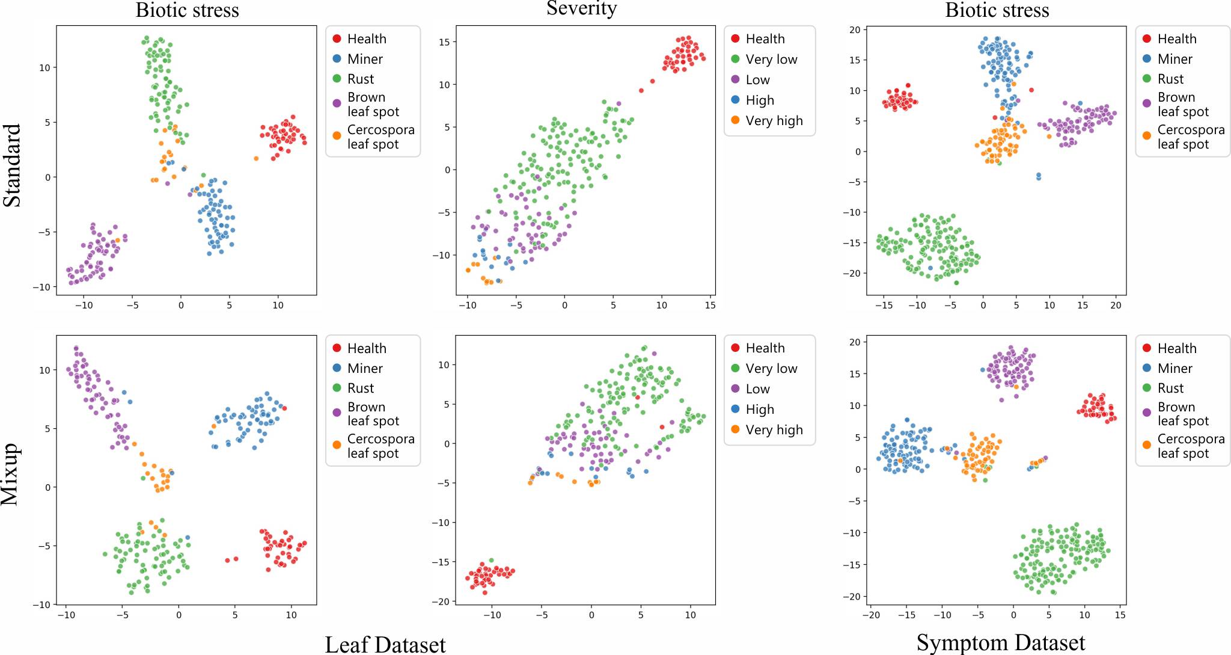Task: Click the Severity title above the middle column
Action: point(581,8)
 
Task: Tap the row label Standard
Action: point(13,165)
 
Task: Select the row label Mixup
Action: point(10,475)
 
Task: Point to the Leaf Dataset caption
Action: point(385,644)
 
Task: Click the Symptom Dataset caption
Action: point(1000,642)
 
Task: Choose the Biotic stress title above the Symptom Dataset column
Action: point(997,10)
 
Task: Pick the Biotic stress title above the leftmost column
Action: point(187,10)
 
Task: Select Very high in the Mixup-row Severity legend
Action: point(774,429)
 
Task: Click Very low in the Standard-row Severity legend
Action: point(771,59)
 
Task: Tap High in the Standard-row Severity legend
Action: point(760,100)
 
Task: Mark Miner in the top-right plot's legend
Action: point(1174,59)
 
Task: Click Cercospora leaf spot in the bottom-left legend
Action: point(380,446)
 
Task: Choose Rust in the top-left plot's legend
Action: point(360,79)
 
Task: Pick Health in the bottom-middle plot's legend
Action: point(765,348)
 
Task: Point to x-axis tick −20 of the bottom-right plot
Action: point(871,615)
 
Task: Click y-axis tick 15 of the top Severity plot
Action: point(444,42)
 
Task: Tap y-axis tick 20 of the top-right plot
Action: point(855,29)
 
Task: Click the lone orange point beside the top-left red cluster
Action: point(256,159)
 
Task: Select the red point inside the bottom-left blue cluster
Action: point(284,408)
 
